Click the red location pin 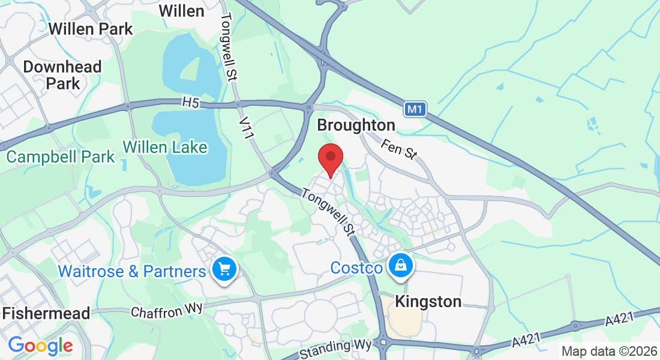tap(330, 158)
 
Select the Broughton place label tap(356, 125)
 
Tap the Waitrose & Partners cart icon tap(224, 269)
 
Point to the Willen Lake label tap(165, 147)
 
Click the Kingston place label tap(428, 301)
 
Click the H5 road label tap(190, 103)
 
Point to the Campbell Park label tap(61, 157)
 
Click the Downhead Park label tap(62, 75)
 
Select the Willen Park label tap(91, 28)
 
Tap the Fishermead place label tap(46, 313)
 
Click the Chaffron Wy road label tap(167, 310)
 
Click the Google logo tap(40, 346)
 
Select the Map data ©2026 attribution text tap(608, 351)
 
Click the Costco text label tap(356, 268)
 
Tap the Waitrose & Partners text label tap(132, 272)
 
